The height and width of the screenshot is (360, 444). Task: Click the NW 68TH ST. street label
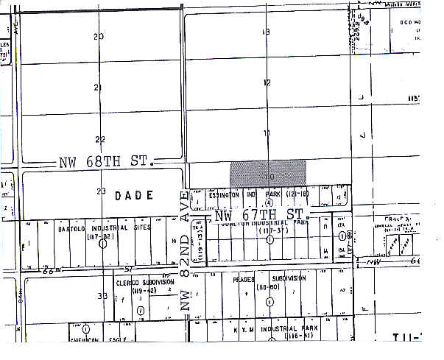coord(104,161)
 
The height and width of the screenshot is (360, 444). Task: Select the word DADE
coord(134,195)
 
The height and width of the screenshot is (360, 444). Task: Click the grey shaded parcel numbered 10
coord(267,174)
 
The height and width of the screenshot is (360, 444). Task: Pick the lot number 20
coord(99,36)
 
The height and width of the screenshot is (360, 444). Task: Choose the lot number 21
coord(99,88)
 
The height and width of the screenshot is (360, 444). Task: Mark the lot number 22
coord(100,139)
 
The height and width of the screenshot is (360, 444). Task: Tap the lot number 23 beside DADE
coord(101,191)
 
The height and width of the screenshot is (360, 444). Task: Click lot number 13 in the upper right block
coord(267,32)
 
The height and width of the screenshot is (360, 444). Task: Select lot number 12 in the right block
coord(267,82)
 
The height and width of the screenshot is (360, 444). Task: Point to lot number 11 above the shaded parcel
coord(267,133)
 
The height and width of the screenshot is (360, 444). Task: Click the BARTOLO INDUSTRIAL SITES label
coord(104,228)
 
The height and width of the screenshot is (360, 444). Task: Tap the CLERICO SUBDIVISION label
coord(144,282)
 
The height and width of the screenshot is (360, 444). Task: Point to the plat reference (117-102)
coord(101,236)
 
